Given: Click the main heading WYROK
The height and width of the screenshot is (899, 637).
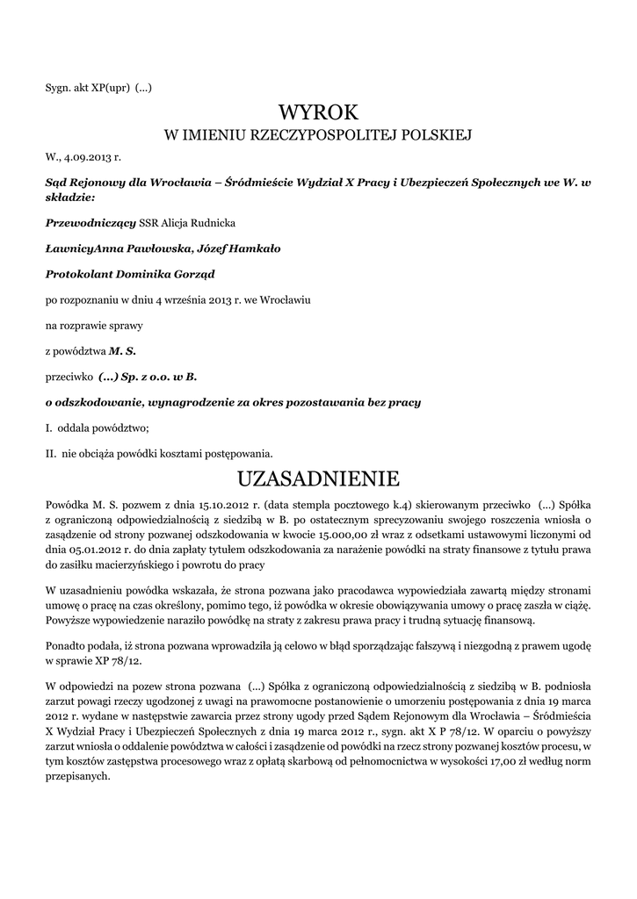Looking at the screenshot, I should (x=318, y=112).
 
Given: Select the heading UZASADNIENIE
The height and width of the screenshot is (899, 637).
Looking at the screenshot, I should (x=318, y=478).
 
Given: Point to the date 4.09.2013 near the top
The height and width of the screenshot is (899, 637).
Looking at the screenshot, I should (x=90, y=158).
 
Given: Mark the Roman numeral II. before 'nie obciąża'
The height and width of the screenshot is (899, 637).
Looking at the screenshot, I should (x=51, y=454).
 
